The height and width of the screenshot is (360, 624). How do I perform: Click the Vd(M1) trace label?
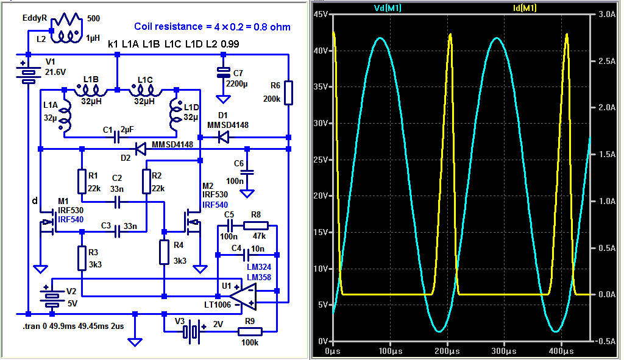pos(388,8)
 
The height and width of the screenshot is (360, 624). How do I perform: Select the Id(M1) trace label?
pos(525,8)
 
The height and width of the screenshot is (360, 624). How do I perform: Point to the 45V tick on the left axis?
pos(321,15)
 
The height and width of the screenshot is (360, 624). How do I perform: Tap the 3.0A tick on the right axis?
pos(607,15)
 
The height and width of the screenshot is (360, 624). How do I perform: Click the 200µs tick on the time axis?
pos(447,351)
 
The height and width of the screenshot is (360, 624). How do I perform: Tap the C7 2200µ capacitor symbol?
pos(223,72)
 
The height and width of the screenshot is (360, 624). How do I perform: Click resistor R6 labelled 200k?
pos(288,93)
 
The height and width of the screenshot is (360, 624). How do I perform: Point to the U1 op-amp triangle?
pos(243,297)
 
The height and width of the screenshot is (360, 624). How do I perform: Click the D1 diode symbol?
pos(224,138)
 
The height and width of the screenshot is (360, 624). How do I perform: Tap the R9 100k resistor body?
pos(250,331)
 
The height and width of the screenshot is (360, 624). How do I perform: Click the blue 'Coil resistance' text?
pos(212,27)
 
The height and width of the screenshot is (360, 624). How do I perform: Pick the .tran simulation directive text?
pos(73,326)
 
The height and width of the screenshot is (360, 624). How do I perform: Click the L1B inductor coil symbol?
pos(91,92)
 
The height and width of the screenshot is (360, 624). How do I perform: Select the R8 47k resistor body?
pos(256,226)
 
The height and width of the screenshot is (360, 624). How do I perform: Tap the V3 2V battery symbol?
pos(192,331)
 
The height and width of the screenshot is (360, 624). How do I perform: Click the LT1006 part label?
pos(218,305)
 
